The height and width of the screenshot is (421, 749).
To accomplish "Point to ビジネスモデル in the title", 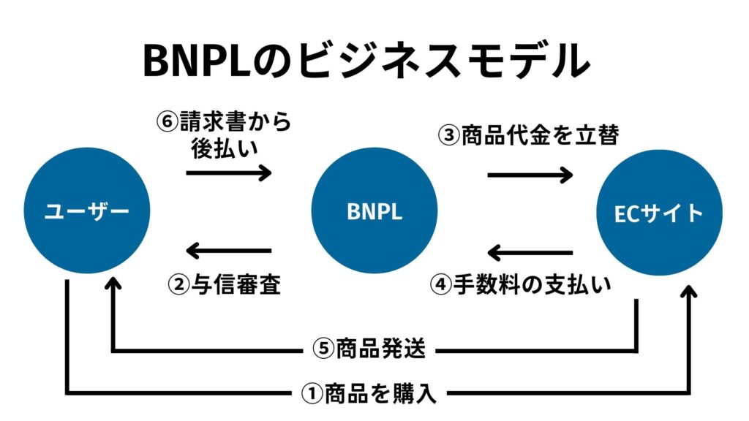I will pyautogui.click(x=432, y=61).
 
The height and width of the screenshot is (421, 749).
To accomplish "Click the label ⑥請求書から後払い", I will pyautogui.click(x=224, y=134).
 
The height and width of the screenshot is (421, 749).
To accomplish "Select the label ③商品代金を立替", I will pyautogui.click(x=529, y=135).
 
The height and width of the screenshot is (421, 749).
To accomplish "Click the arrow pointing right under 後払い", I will pyautogui.click(x=228, y=173).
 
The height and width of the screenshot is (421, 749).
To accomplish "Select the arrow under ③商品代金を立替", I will pyautogui.click(x=530, y=174).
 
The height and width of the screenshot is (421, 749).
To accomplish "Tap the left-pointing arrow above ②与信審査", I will pyautogui.click(x=228, y=252).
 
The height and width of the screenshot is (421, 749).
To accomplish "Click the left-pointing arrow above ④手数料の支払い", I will pyautogui.click(x=530, y=254).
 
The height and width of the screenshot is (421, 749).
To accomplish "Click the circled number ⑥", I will pyautogui.click(x=168, y=122).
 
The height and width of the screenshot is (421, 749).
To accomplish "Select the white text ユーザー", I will pyautogui.click(x=86, y=212).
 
